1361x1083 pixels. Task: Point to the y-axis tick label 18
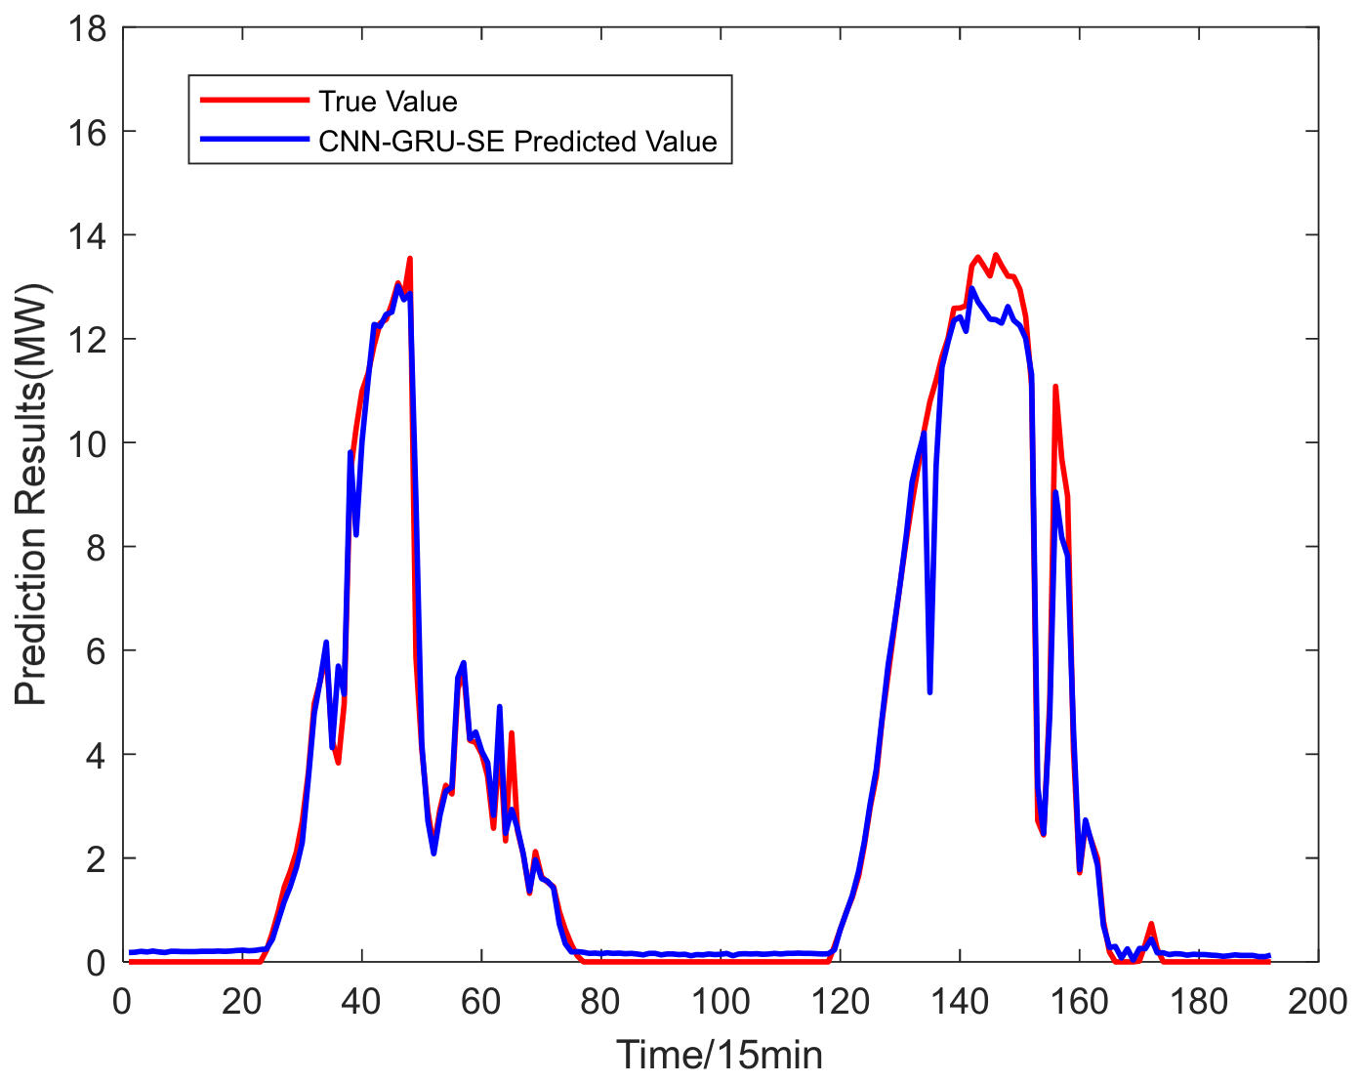(x=88, y=29)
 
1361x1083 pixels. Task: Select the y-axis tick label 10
(x=88, y=444)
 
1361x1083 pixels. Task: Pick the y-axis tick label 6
(x=97, y=651)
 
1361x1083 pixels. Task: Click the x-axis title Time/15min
(x=720, y=1055)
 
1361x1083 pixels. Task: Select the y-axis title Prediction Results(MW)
(x=31, y=495)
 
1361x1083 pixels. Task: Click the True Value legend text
(x=388, y=102)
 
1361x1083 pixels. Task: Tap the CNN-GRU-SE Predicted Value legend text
(x=518, y=141)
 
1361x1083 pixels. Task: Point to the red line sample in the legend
(x=255, y=100)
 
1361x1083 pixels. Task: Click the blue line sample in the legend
(x=255, y=140)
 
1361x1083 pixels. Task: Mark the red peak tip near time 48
(x=410, y=258)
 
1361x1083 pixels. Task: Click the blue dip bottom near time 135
(x=929, y=692)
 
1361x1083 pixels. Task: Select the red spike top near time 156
(x=1054, y=387)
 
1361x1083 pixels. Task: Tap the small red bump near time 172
(x=1151, y=924)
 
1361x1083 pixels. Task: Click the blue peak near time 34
(x=326, y=642)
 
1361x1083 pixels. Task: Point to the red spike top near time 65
(x=511, y=733)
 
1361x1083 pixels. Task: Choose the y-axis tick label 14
(x=88, y=236)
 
